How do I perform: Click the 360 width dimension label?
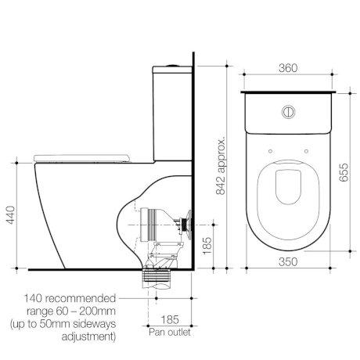point(288,68)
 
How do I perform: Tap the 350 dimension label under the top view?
point(288,262)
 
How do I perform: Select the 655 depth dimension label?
point(344,172)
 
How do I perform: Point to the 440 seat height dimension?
point(11,215)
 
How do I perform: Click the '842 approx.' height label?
point(221,167)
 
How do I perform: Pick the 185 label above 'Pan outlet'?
point(170,319)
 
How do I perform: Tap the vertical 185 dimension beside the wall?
point(207,246)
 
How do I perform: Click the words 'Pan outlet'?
point(170,332)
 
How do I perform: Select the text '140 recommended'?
point(70,298)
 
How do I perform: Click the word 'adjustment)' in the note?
point(88,337)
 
